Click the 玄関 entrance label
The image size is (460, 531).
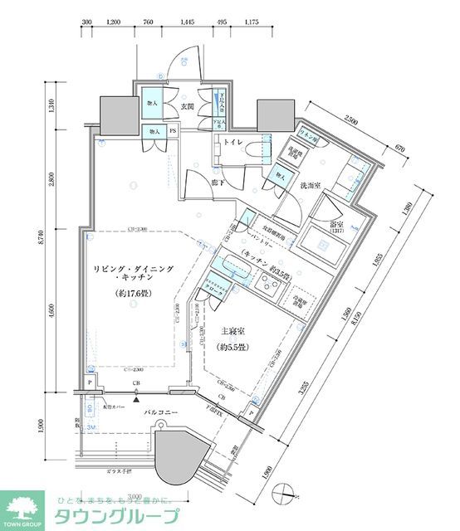pos(187,107)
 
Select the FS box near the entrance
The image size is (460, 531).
pos(173,131)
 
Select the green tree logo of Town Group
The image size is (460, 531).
pos(26,506)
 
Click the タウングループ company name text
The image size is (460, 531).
pos(116,517)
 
